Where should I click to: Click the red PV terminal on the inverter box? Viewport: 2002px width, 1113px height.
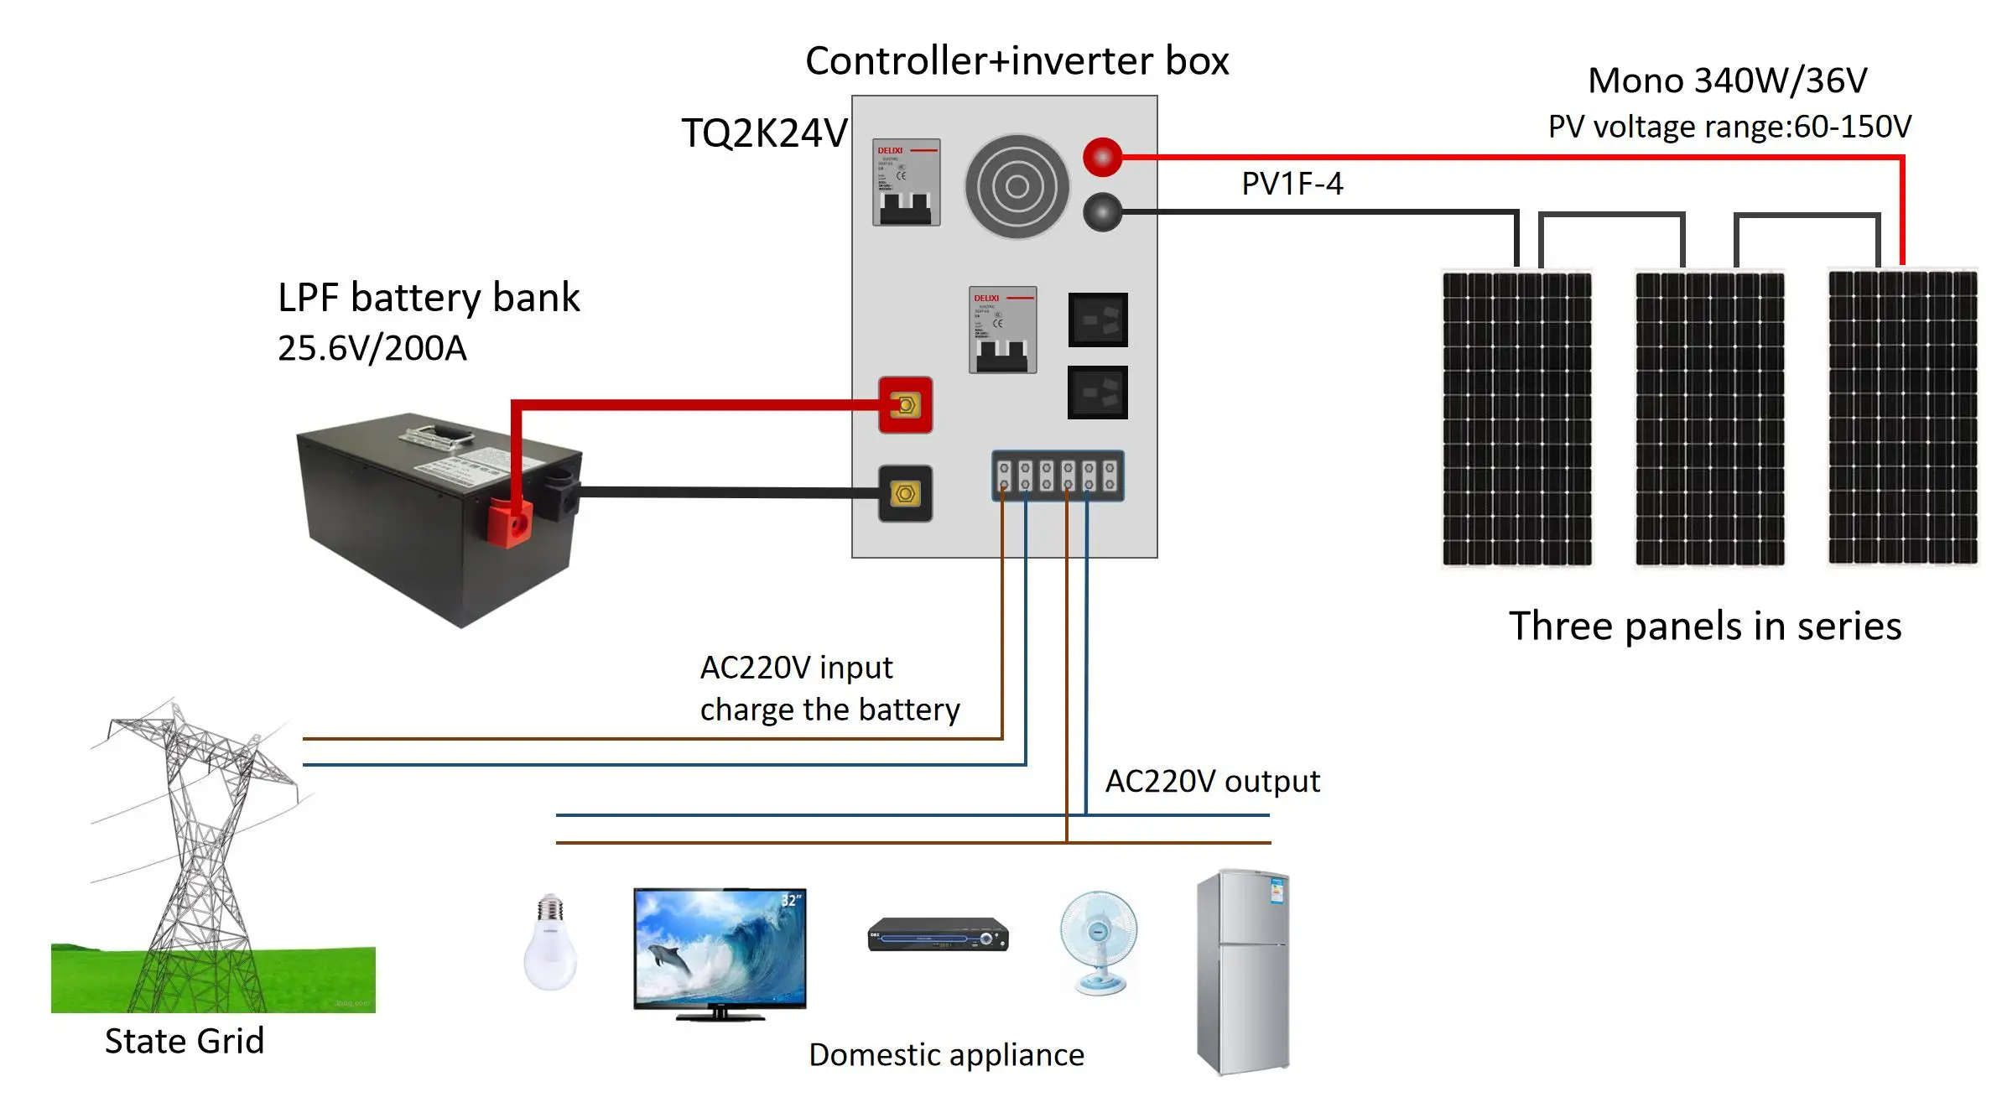coord(1102,157)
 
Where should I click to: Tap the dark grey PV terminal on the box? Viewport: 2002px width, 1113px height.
coord(1102,212)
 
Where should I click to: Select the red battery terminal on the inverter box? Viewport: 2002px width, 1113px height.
coord(905,405)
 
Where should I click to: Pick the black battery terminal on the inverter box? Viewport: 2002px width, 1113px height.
coord(905,493)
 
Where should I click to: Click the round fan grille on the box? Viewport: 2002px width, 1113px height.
coord(1017,186)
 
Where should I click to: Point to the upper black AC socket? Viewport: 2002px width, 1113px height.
coord(1098,320)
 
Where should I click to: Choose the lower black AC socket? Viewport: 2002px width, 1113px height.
coord(1097,392)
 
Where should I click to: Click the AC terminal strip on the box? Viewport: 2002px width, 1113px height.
coord(1058,476)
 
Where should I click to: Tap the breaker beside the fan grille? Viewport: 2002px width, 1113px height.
coord(906,182)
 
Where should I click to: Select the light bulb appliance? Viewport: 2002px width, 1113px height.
coord(550,942)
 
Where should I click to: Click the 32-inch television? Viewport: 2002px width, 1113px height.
coord(720,953)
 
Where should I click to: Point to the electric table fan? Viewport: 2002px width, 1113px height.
coord(1099,942)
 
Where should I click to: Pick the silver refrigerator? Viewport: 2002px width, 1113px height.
coord(1243,971)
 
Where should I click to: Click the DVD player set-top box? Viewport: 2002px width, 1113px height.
coord(938,935)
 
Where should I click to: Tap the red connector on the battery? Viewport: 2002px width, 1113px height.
coord(509,522)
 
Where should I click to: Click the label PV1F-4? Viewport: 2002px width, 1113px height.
coord(1292,184)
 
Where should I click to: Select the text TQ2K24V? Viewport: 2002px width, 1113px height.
coord(764,133)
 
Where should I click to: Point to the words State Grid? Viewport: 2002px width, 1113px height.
coord(185,1041)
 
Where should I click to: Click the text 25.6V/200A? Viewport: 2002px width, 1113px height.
coord(372,348)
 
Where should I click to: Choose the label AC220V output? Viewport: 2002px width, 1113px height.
coord(1212,781)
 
